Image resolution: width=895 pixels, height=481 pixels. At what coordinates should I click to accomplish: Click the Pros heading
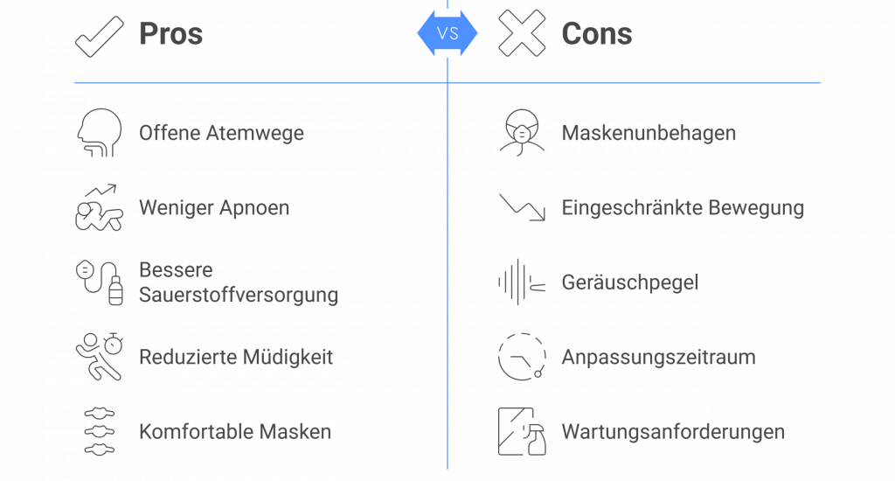coord(170,34)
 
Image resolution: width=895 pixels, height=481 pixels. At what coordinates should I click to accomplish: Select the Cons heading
coord(597,34)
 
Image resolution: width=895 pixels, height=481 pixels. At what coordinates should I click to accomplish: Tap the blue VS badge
coord(447,33)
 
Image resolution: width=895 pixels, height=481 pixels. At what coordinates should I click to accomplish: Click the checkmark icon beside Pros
coord(99,35)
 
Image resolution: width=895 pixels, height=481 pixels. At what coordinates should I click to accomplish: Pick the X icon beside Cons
coord(522,34)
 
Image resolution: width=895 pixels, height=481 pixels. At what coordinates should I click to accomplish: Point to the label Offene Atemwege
coord(222,134)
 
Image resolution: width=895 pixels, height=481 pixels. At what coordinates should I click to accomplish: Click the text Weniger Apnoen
coord(214,208)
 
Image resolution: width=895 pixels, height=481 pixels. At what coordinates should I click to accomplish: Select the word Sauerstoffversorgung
coord(239,295)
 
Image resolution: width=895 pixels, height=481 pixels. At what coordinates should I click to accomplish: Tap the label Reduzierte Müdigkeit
coord(236,357)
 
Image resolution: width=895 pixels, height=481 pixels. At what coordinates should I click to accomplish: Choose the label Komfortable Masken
coord(235,432)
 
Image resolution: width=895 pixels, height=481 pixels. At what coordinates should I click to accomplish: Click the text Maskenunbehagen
coord(648,134)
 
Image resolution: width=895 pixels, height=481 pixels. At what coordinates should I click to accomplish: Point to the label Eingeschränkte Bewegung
coord(683,208)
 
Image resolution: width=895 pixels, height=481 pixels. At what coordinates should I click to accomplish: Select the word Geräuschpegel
coord(629,282)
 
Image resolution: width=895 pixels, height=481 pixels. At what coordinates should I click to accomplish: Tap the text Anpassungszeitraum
coord(658,357)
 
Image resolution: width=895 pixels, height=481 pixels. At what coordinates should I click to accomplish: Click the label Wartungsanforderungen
coord(673,432)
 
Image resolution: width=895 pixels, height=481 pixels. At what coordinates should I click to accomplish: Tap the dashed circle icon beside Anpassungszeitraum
coord(522,356)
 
